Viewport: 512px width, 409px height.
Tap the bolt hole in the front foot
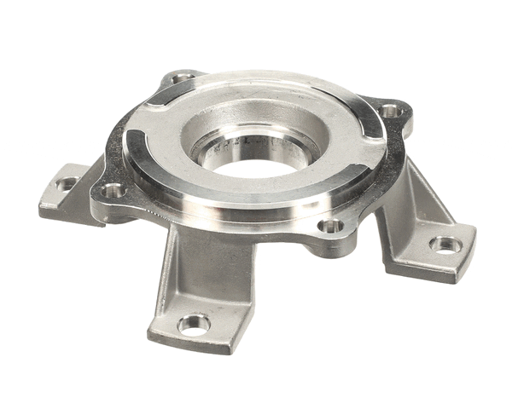click(x=194, y=324)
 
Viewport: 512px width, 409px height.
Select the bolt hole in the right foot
click(x=445, y=245)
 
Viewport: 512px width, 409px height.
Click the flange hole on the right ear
click(x=389, y=110)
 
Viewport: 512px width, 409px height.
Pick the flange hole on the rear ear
click(x=182, y=78)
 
